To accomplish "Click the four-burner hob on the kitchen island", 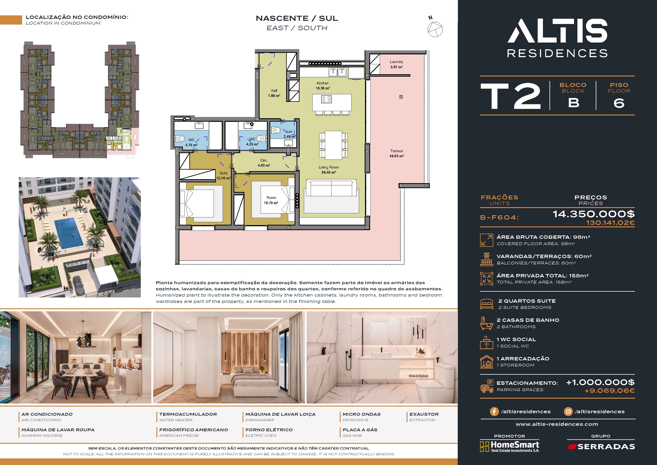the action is click(x=326, y=99).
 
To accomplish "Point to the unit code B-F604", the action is click(x=499, y=217).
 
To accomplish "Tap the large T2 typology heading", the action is click(x=511, y=97).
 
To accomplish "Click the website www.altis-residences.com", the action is click(x=557, y=424).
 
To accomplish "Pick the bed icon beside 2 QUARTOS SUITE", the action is click(x=486, y=304).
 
